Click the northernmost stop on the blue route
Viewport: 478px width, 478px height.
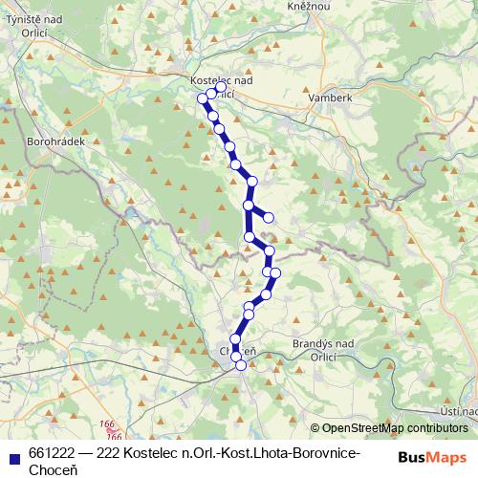(221, 87)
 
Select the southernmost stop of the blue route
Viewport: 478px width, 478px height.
(241, 365)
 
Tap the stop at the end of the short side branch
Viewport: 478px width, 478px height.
(269, 218)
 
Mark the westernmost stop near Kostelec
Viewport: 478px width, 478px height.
(202, 98)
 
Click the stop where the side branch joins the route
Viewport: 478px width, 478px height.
(249, 205)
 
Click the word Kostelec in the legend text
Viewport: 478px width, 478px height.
(156, 452)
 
